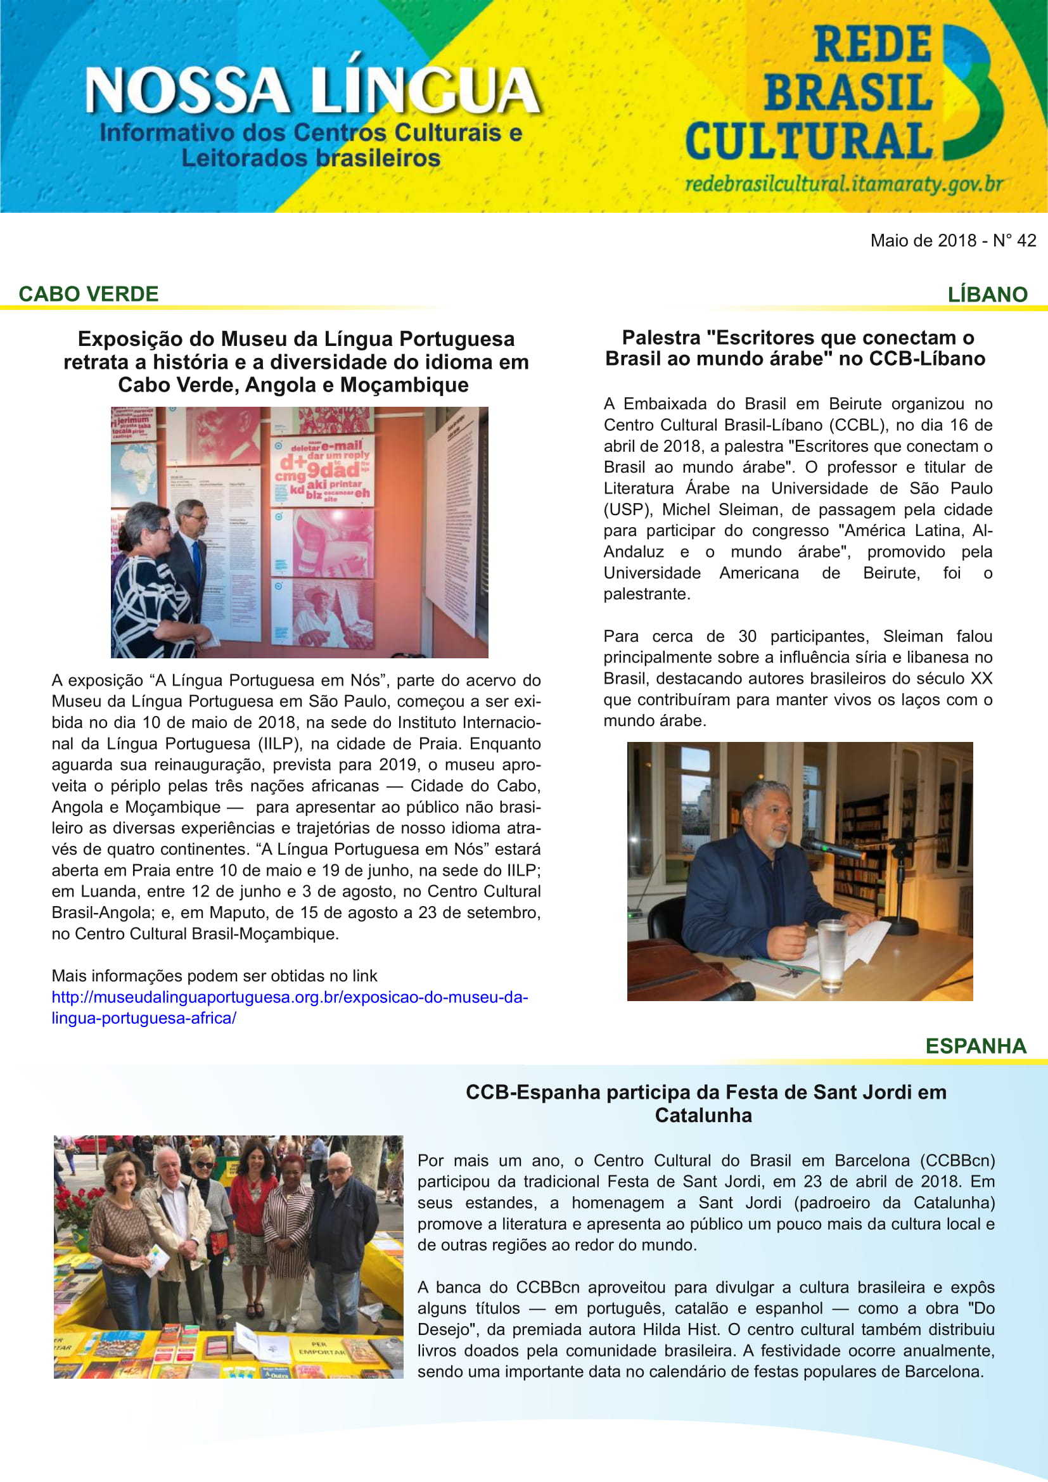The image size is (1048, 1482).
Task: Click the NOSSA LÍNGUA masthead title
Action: tap(312, 91)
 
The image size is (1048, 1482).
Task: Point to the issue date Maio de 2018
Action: tap(923, 241)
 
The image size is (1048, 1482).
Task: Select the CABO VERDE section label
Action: tap(89, 295)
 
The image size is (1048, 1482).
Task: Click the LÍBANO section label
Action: tap(987, 295)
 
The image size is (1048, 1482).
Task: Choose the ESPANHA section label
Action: tap(975, 1046)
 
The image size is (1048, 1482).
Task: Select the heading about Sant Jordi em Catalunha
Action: tap(705, 1104)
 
